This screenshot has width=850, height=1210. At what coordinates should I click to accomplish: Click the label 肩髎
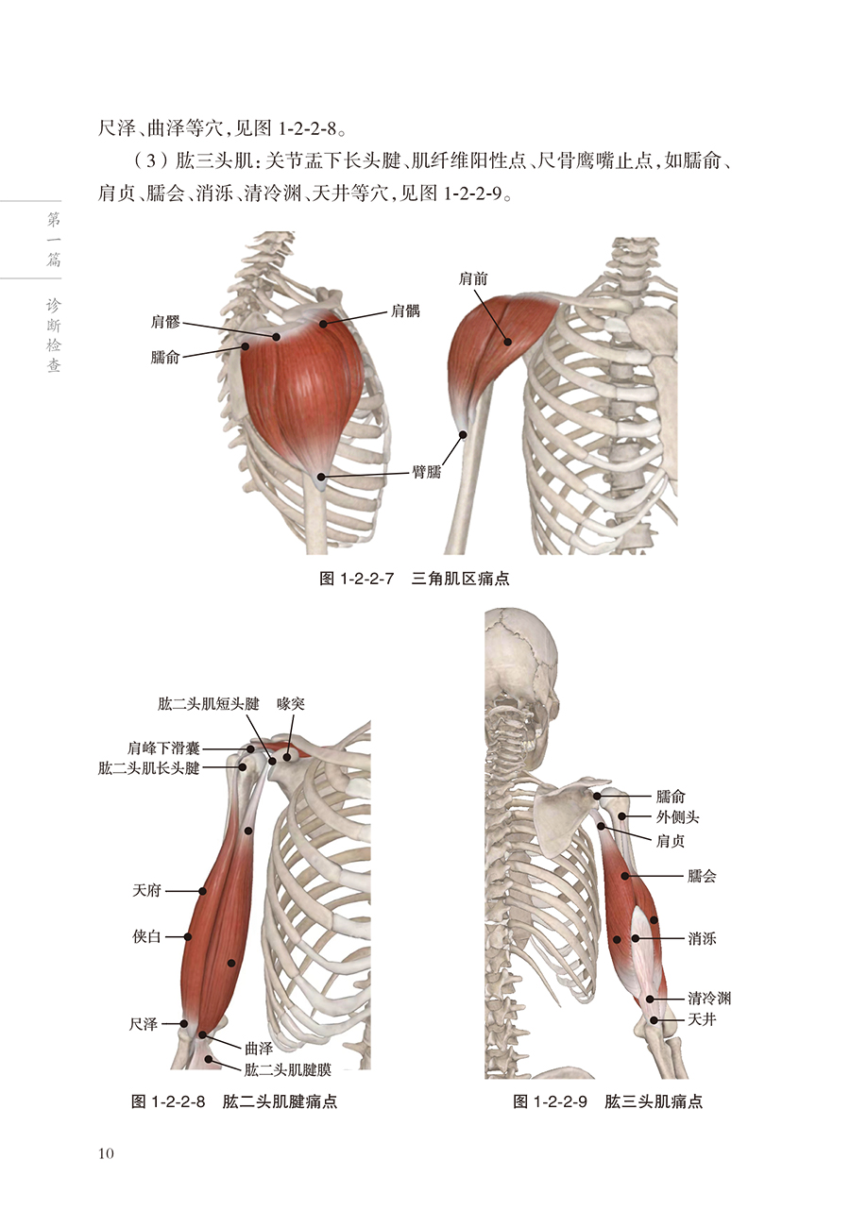(165, 321)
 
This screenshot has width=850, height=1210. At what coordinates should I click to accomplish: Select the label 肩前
(473, 278)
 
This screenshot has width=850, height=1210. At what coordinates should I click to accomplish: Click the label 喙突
(290, 703)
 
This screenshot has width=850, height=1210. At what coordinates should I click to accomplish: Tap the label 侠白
(147, 936)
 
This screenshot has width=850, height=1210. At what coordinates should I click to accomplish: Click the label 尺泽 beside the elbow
(144, 1023)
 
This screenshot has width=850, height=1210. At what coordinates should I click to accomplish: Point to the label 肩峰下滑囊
(164, 748)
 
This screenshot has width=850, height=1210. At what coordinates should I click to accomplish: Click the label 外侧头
(677, 817)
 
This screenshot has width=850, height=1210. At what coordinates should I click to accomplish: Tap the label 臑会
(703, 876)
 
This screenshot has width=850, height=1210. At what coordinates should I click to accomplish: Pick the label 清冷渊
(709, 998)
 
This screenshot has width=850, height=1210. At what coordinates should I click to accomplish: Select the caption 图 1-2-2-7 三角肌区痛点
(415, 578)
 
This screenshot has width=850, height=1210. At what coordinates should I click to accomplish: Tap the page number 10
(105, 1153)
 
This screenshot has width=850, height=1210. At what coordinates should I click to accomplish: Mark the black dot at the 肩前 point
(508, 342)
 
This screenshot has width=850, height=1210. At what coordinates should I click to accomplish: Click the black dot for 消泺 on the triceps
(636, 938)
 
